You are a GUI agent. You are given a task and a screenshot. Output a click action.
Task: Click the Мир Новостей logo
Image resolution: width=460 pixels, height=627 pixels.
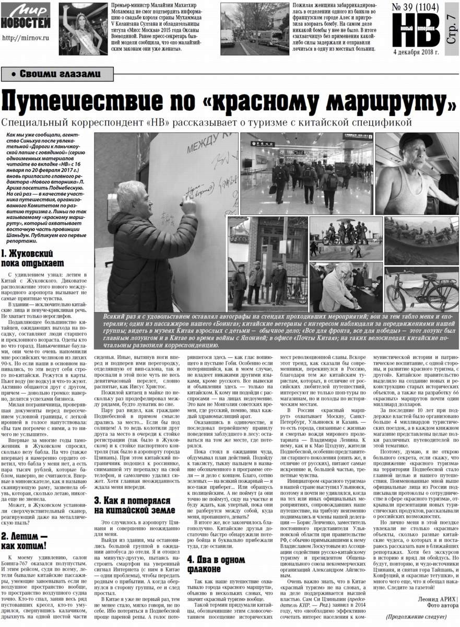[26, 17]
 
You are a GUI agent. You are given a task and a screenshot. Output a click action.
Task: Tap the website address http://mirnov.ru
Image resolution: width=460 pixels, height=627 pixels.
[26, 38]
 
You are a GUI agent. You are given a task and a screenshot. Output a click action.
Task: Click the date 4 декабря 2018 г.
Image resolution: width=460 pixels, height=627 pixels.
[416, 52]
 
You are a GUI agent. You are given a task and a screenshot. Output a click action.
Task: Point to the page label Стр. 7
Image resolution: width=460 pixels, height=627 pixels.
[452, 25]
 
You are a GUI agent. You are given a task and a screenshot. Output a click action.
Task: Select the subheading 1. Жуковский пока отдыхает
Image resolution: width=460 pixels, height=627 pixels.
[32, 258]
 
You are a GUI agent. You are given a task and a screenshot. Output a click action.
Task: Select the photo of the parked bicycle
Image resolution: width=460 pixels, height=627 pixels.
[421, 291]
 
